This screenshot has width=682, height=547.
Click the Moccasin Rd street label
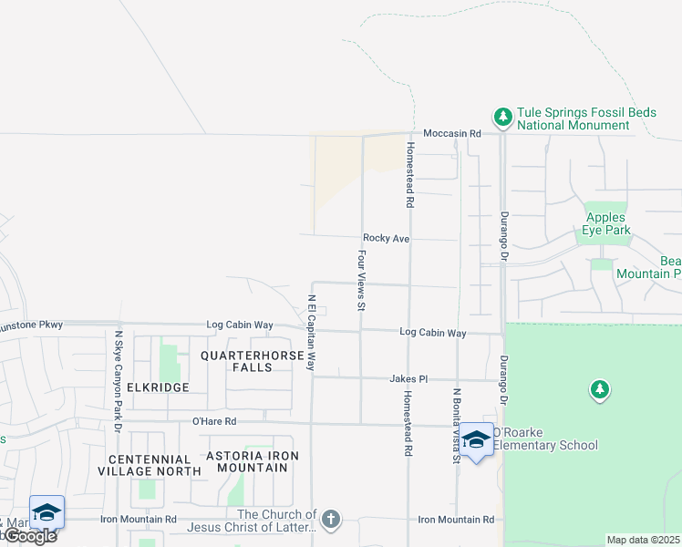(452, 133)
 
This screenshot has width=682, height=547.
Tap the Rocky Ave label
(386, 238)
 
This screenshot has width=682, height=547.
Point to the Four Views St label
(362, 281)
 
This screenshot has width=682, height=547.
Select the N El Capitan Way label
(311, 332)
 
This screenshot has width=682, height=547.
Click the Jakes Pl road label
(408, 378)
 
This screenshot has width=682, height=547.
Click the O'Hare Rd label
(214, 421)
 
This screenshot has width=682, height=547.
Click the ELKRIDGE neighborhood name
(158, 387)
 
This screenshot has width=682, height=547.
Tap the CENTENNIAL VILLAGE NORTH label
(155, 465)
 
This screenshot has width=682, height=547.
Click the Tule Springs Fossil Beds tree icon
(502, 117)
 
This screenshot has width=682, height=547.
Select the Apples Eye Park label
(605, 223)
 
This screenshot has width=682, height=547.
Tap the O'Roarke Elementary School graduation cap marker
(476, 440)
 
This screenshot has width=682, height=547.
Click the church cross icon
(331, 520)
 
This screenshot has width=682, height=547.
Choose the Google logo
(30, 536)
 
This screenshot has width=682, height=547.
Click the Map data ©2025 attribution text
(643, 540)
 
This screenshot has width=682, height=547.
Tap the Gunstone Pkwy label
(26, 324)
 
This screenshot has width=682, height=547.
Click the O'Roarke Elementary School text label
(545, 445)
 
